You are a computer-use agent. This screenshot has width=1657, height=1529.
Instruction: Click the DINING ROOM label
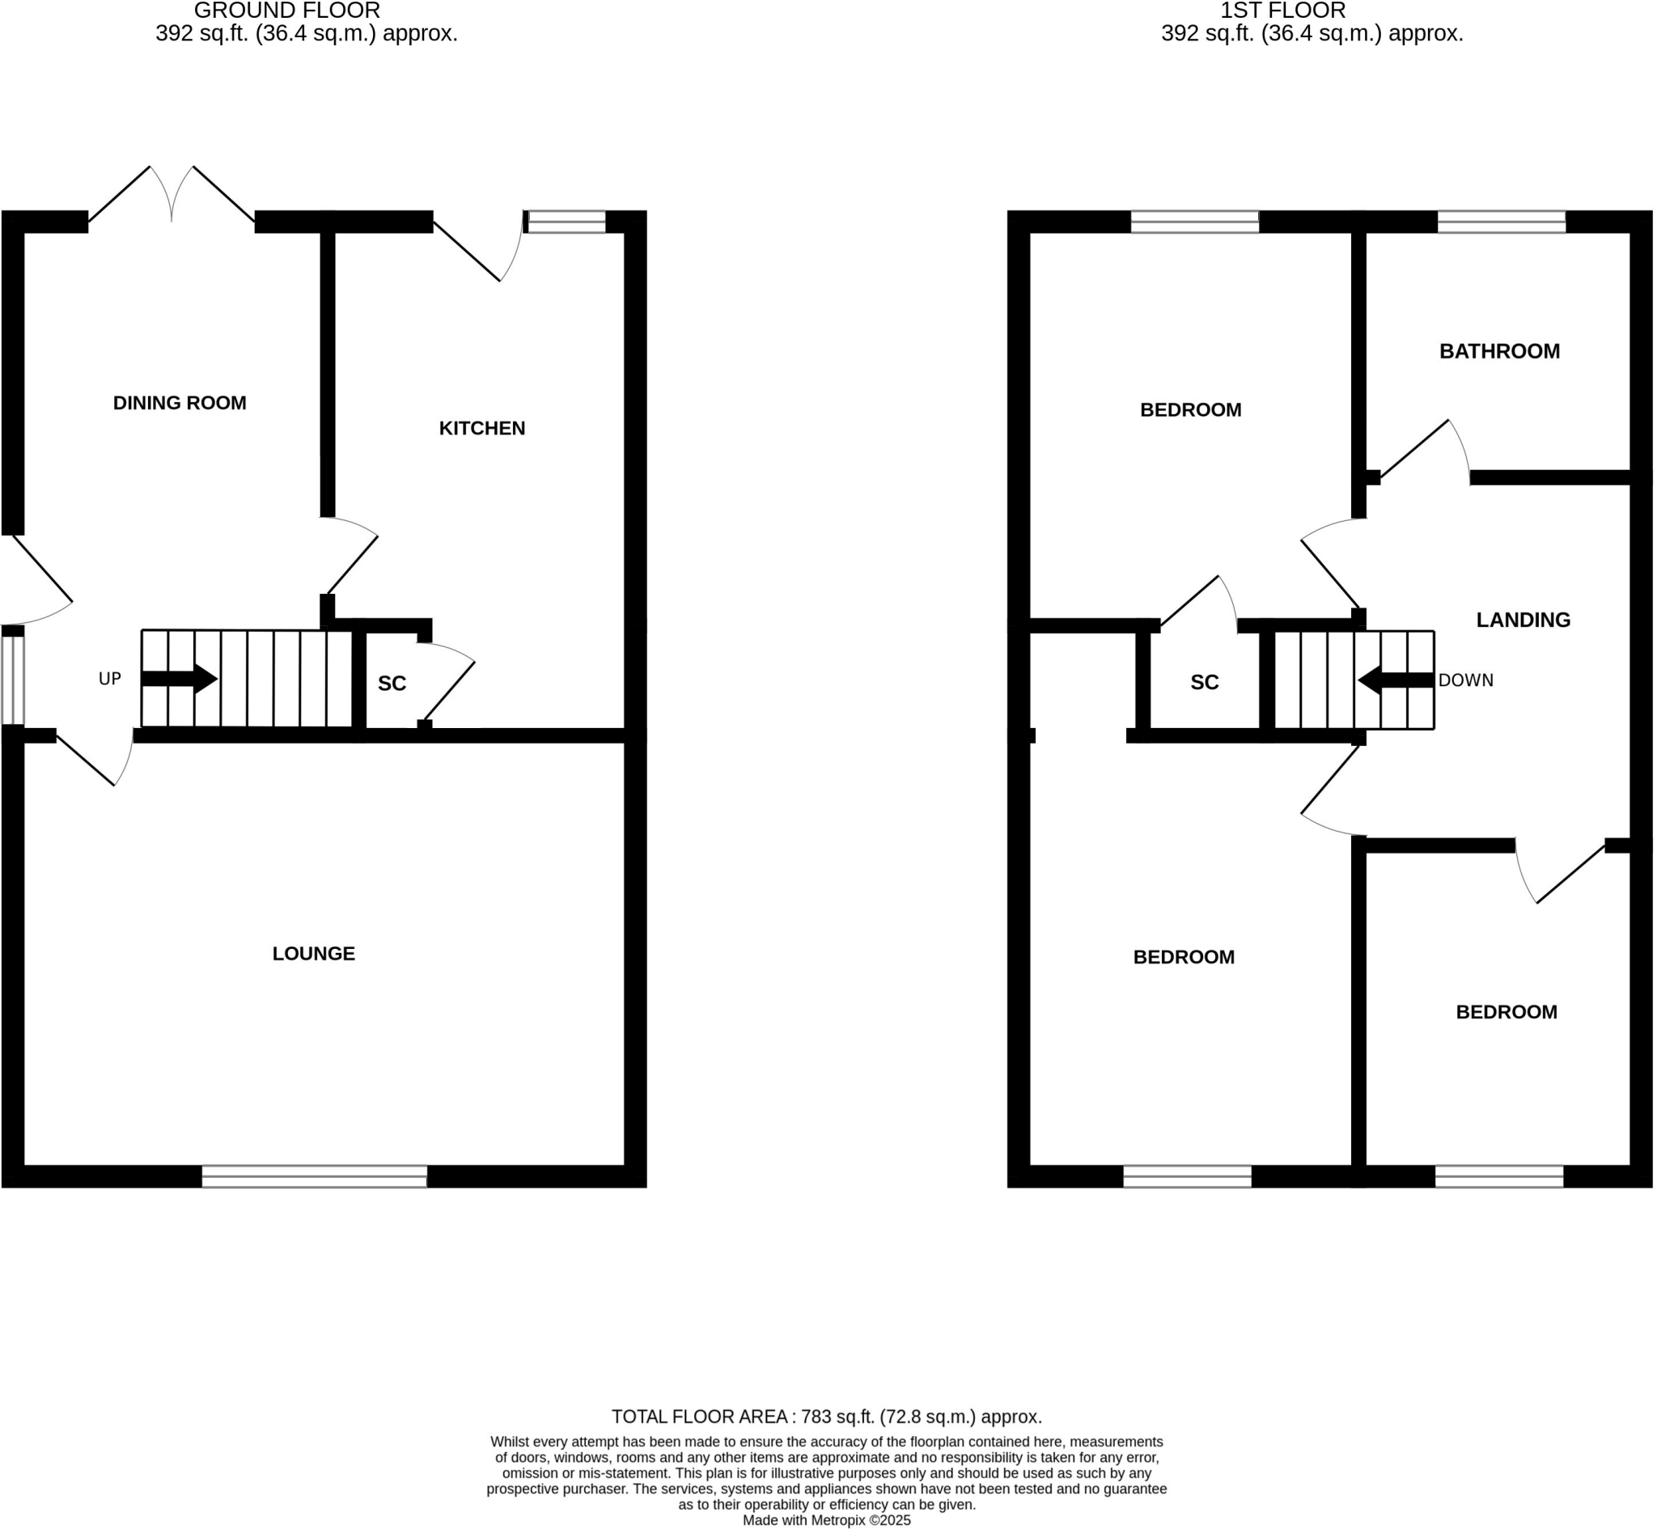pos(180,404)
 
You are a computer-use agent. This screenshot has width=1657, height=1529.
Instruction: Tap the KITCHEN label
pos(482,429)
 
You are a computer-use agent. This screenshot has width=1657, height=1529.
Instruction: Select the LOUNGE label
pos(314,954)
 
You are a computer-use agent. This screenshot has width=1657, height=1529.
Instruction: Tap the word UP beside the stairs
pos(110,680)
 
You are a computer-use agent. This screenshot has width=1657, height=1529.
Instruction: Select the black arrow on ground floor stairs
pos(180,680)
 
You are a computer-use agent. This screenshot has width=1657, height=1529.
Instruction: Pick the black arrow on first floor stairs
pos(1396,681)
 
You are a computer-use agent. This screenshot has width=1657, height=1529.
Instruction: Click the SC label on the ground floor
pos(392,684)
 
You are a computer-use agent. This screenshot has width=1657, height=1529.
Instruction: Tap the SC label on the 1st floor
pos(1206,683)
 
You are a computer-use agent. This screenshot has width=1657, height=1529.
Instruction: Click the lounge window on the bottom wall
pos(315,1177)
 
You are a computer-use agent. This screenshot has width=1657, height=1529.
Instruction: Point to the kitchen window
pos(566,222)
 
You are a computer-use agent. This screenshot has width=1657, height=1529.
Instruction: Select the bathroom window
pos(1502,222)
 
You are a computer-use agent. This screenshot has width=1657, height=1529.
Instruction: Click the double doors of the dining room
pos(172,198)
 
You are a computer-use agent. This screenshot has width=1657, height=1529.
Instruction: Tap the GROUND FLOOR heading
pos(287,11)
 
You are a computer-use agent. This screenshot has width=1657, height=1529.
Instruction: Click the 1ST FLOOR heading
pos(1284,11)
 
